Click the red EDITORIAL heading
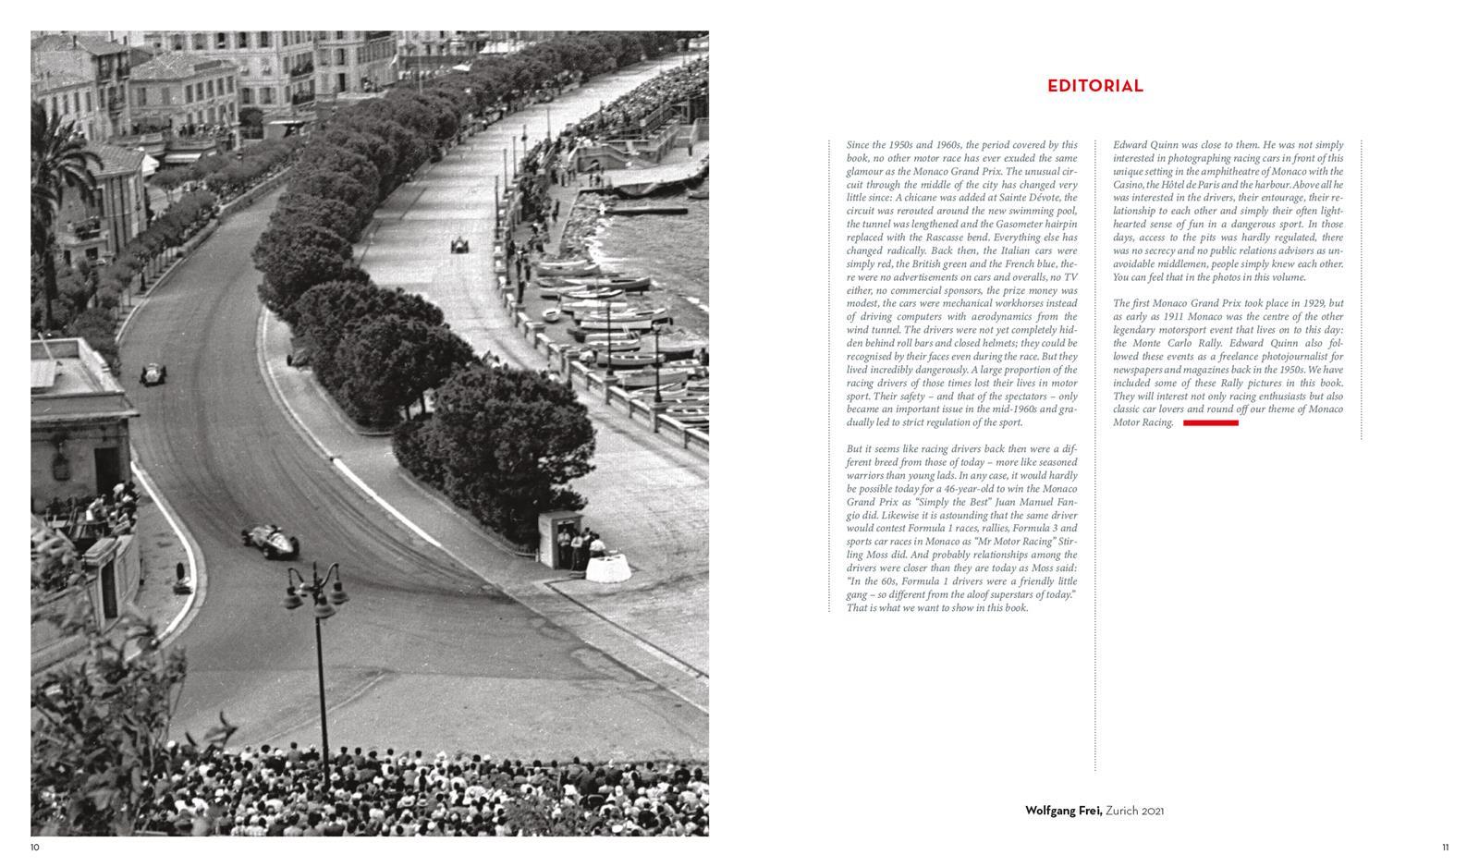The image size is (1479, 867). tap(1094, 86)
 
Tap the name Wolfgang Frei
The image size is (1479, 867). tap(1062, 811)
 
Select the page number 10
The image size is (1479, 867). tap(35, 847)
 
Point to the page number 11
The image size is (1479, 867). tap(1446, 847)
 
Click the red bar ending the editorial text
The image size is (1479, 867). tap(1210, 422)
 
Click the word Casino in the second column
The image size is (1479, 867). tap(1128, 185)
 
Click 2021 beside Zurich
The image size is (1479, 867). tap(1152, 811)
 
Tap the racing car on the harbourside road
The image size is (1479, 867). tap(458, 245)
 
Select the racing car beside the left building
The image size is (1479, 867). tap(153, 374)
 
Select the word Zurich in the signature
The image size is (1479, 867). tap(1121, 811)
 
